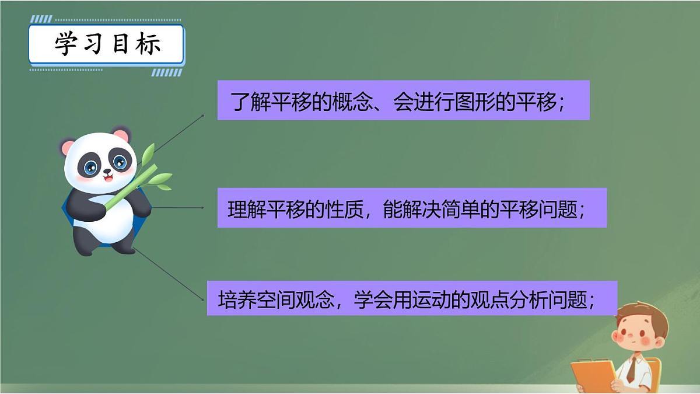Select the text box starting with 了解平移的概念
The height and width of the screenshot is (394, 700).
[403, 100]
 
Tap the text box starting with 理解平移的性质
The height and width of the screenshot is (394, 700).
[411, 208]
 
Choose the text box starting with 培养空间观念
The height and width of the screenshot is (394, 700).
[411, 298]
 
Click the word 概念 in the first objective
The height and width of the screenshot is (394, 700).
[350, 102]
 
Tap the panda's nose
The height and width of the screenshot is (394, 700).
[107, 172]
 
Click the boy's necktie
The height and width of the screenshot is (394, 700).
[631, 370]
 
